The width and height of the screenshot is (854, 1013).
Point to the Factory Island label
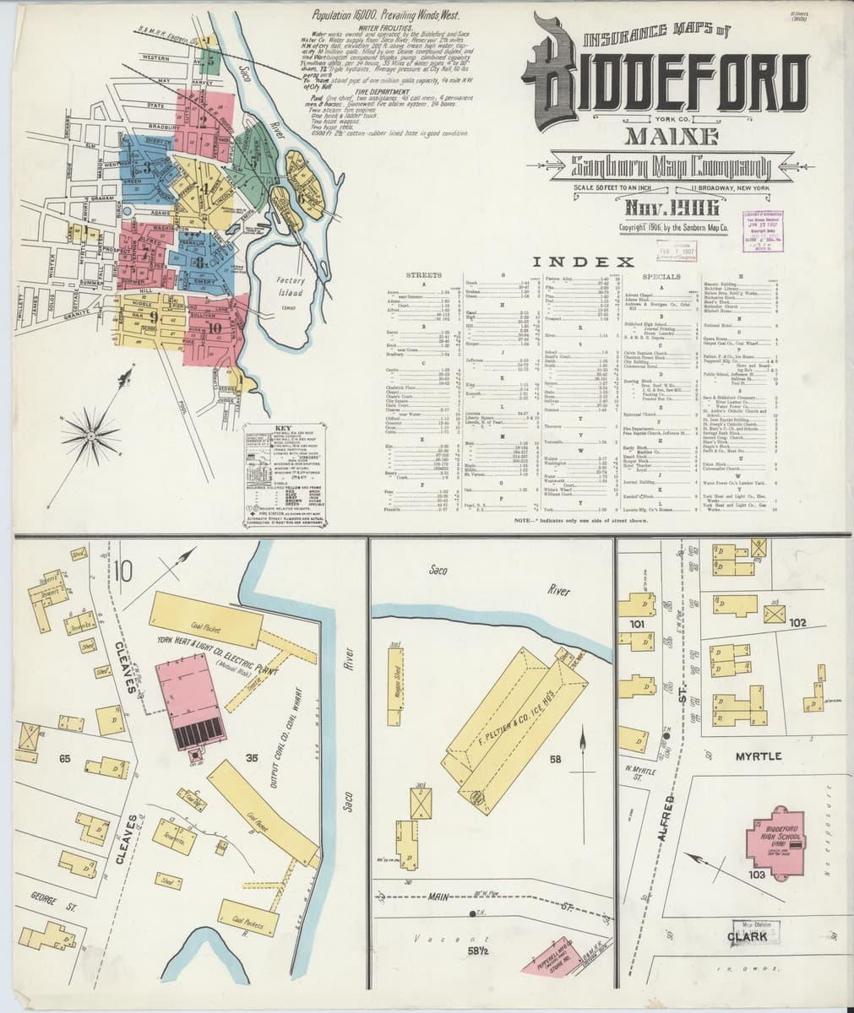(292, 287)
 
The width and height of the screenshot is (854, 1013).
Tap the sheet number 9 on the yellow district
(154, 317)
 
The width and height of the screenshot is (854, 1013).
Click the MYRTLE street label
(758, 756)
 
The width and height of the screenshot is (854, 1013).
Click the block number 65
(64, 758)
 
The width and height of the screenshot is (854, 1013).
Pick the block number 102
(797, 623)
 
